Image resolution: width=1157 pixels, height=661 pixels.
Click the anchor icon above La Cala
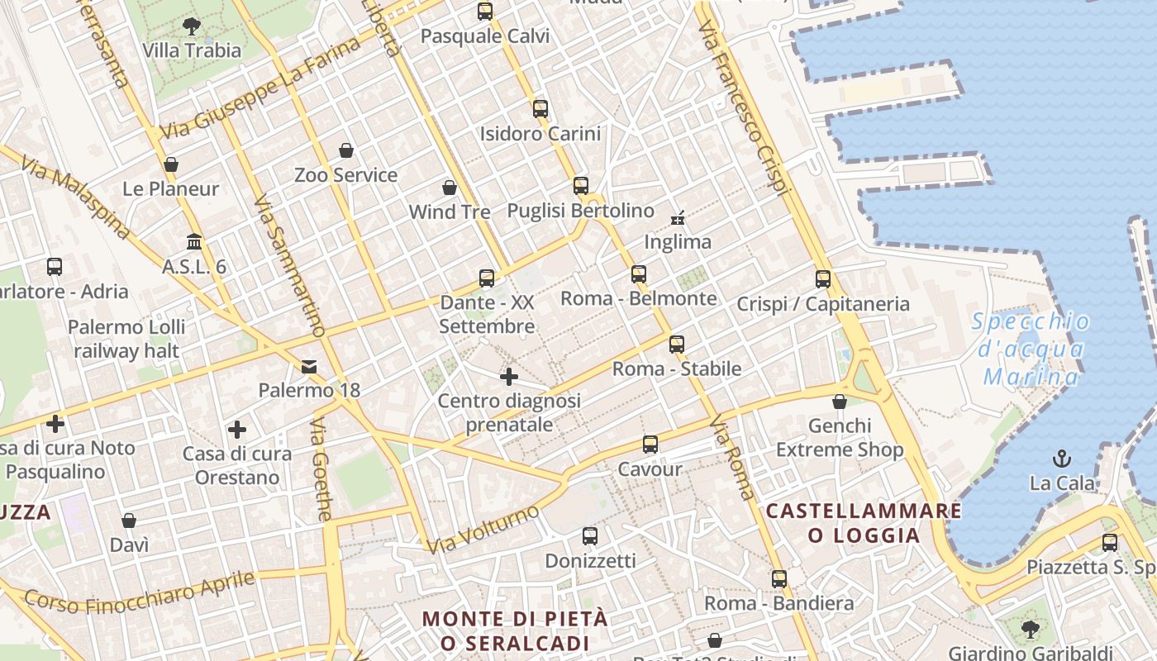point(1061,458)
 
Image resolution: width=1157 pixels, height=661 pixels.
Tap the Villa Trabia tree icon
point(192,26)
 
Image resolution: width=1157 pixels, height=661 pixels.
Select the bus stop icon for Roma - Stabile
point(677,345)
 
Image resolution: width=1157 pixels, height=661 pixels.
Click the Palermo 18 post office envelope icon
point(309,366)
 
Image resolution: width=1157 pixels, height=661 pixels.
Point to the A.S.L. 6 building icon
point(194,242)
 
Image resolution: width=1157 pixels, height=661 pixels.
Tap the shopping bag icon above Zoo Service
point(346,150)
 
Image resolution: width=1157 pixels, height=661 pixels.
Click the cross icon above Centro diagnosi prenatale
point(509,377)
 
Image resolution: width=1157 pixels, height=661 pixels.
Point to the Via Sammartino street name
point(288,266)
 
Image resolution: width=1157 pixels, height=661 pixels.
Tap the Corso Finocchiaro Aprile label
point(139,592)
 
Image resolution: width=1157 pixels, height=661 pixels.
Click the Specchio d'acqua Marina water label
point(1031,349)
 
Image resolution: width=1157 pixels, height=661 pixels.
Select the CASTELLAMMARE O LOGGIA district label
point(864,522)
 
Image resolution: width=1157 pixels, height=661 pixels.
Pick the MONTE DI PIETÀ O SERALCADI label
point(515,630)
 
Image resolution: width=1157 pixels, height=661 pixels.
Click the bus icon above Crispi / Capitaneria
point(822,279)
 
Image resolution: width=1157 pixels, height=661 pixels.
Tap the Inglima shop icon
point(678,218)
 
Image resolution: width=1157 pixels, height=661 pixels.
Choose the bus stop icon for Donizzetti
point(590,536)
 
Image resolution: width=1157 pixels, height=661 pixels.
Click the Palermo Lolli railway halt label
point(126,339)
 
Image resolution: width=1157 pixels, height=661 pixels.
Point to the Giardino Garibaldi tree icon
point(1030,630)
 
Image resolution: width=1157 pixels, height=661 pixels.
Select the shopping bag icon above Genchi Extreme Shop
point(840,402)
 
